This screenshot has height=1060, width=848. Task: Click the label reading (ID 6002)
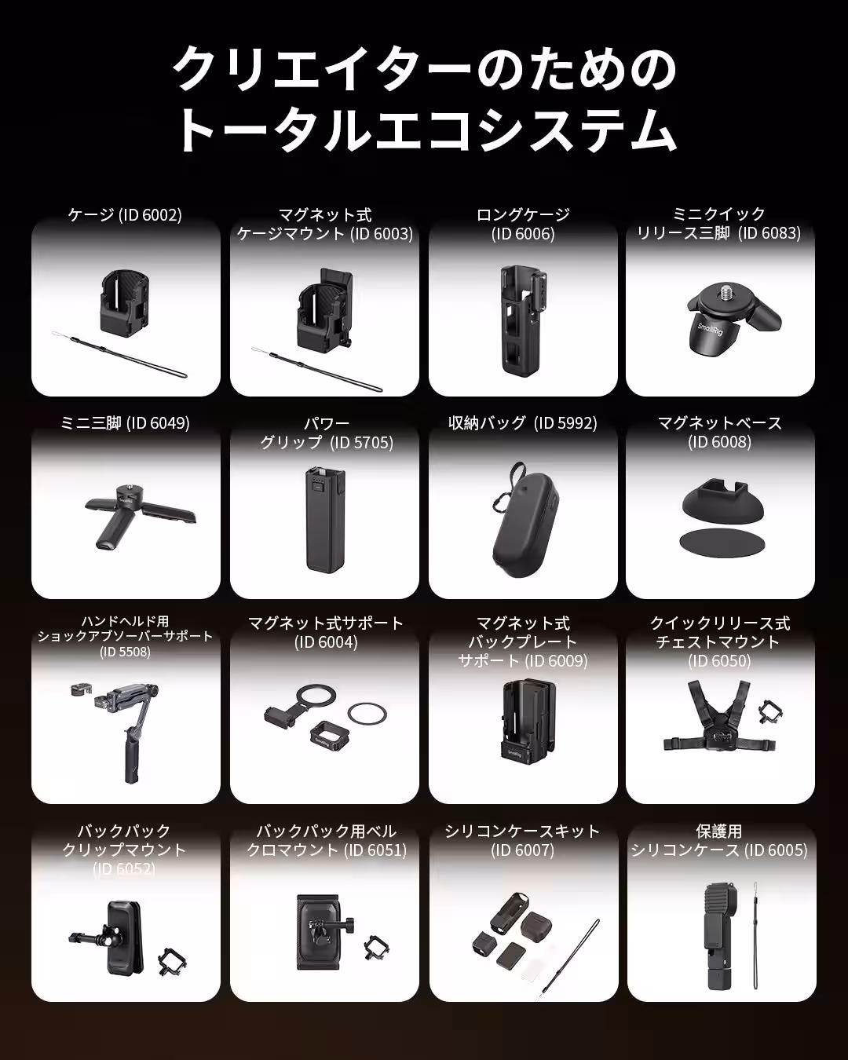point(150,215)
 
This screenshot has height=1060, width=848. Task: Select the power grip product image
point(325,519)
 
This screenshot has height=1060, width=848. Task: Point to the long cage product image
point(523,319)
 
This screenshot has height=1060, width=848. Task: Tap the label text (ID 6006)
point(523,234)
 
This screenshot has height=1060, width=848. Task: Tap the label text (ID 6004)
point(326,642)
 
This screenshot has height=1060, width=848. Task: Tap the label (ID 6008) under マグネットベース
point(720,442)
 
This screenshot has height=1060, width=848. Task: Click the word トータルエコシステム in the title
point(425,130)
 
